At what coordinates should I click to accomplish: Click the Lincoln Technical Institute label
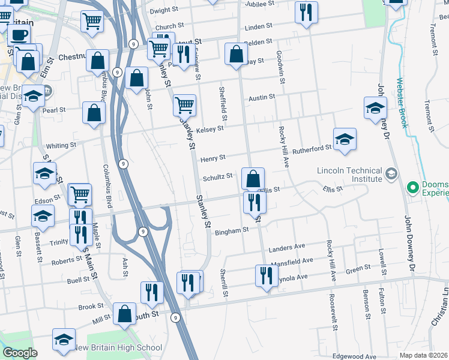tap(349, 174)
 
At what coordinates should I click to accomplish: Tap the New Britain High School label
tap(117, 347)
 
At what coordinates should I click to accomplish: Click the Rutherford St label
tap(312, 148)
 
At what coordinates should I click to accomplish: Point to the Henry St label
tap(212, 158)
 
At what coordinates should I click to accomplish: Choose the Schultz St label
tap(217, 176)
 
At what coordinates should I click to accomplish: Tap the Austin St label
tap(262, 97)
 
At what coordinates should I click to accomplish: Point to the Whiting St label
tap(61, 145)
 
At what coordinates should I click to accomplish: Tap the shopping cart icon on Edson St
tap(79, 193)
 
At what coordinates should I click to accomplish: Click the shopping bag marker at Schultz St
tap(253, 178)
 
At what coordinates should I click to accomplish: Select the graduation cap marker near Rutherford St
tap(345, 139)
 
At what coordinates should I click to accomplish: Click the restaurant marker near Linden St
tap(307, 12)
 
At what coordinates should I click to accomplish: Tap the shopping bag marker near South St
tap(125, 313)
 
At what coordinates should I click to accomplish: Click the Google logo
tap(20, 353)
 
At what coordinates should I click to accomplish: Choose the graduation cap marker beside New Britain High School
tap(64, 339)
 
